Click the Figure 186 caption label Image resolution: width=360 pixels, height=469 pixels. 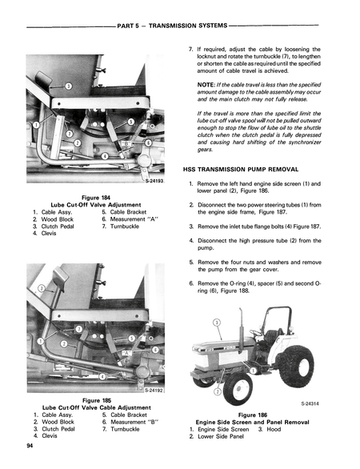pos(253,415)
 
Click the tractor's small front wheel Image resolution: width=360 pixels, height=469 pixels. pos(237,388)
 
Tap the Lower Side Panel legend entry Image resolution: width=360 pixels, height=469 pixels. pos(222,437)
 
